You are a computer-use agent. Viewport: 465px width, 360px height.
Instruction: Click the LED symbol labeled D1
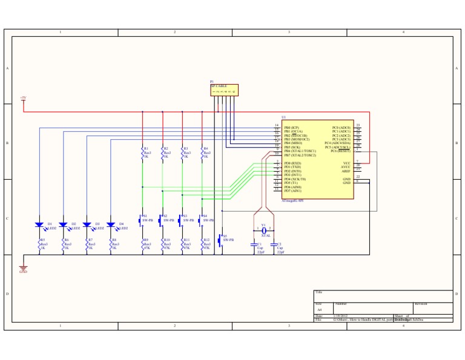point(39,225)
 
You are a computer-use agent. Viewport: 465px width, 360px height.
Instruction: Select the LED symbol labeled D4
point(111,225)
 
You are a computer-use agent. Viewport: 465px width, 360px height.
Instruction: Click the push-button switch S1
point(141,220)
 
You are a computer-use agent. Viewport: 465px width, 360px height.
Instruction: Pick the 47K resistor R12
point(202,245)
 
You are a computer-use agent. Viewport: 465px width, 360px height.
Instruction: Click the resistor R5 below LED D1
point(39,245)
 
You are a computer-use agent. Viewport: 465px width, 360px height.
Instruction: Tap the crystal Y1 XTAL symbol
point(263,230)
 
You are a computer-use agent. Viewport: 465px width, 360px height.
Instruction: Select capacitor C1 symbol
point(254,244)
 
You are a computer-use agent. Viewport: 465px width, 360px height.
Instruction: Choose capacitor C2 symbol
point(274,244)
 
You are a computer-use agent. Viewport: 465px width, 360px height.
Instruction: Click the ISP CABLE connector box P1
point(224,90)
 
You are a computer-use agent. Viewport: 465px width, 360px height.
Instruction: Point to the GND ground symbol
point(23,267)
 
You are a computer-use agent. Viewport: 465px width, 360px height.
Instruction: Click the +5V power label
point(23,97)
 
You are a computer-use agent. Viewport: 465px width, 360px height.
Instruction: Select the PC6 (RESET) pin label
point(340,151)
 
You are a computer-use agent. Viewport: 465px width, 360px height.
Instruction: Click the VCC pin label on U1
point(346,163)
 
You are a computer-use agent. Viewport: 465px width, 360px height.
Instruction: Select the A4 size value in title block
point(320,309)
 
